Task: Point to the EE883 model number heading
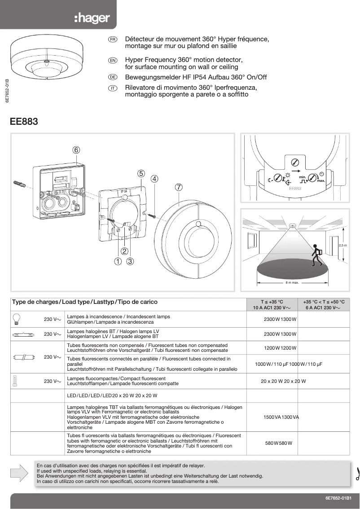(x=24, y=122)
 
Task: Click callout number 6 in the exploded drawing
(x=76, y=149)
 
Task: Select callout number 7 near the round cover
(x=179, y=188)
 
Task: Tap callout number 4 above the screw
(x=154, y=178)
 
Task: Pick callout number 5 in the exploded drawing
(x=141, y=173)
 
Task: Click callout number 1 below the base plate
(x=118, y=260)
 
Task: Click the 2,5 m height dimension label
(x=342, y=246)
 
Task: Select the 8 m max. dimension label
(x=292, y=283)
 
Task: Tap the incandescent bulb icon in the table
(x=18, y=319)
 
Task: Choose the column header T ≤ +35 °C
(x=272, y=305)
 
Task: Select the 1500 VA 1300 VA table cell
(x=281, y=417)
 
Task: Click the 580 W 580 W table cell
(x=279, y=443)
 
